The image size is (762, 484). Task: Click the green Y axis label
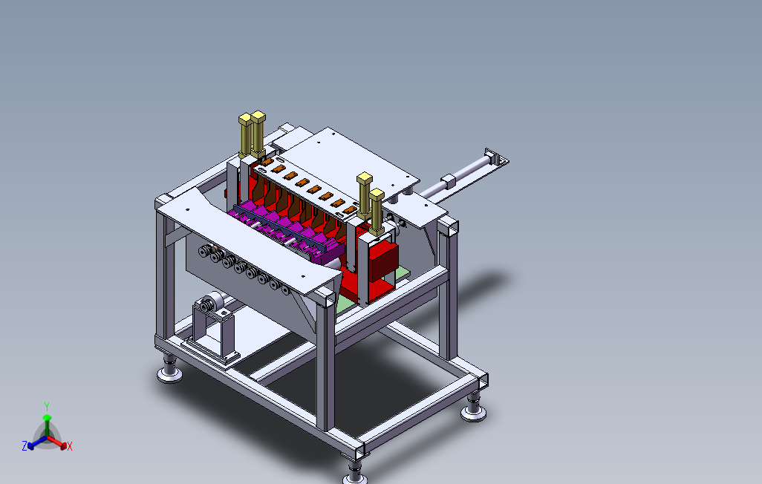coord(47,406)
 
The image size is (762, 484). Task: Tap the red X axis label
coord(70,446)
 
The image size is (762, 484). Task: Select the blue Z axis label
coord(25,445)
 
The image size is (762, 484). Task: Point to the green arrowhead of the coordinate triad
coord(47,417)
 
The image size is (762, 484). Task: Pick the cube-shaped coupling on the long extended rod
coord(448,181)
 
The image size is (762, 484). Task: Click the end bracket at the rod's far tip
coord(496,158)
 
